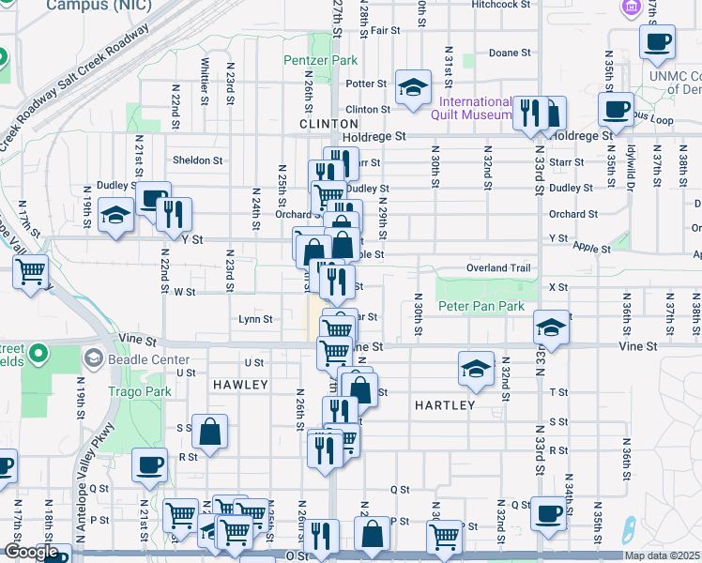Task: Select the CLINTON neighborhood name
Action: [329, 123]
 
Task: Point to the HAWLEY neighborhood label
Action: [240, 385]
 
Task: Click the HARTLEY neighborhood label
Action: [444, 404]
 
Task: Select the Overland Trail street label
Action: [499, 267]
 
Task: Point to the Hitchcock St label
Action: [501, 5]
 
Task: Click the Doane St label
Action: [511, 53]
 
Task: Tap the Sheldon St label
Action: [197, 160]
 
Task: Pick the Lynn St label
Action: [255, 319]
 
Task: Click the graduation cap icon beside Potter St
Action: [412, 87]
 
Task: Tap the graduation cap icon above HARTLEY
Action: [477, 368]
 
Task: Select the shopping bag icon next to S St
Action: [210, 432]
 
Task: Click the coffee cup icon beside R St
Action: [149, 464]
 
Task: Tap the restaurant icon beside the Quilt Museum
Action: [529, 113]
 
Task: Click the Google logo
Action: [31, 552]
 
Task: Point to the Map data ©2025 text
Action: [662, 555]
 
